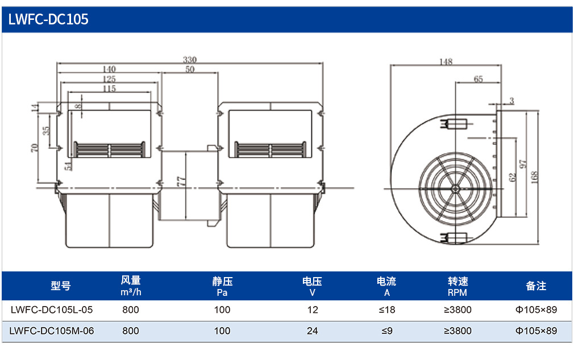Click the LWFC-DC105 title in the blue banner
tap(48, 19)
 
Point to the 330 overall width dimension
tap(190, 59)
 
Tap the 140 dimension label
tap(109, 69)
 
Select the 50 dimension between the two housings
tap(190, 69)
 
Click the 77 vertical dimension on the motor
tap(181, 182)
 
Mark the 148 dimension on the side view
tap(446, 61)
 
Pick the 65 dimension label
tap(478, 79)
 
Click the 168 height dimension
tap(534, 177)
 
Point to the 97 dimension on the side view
tap(523, 164)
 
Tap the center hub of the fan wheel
tap(455, 189)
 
